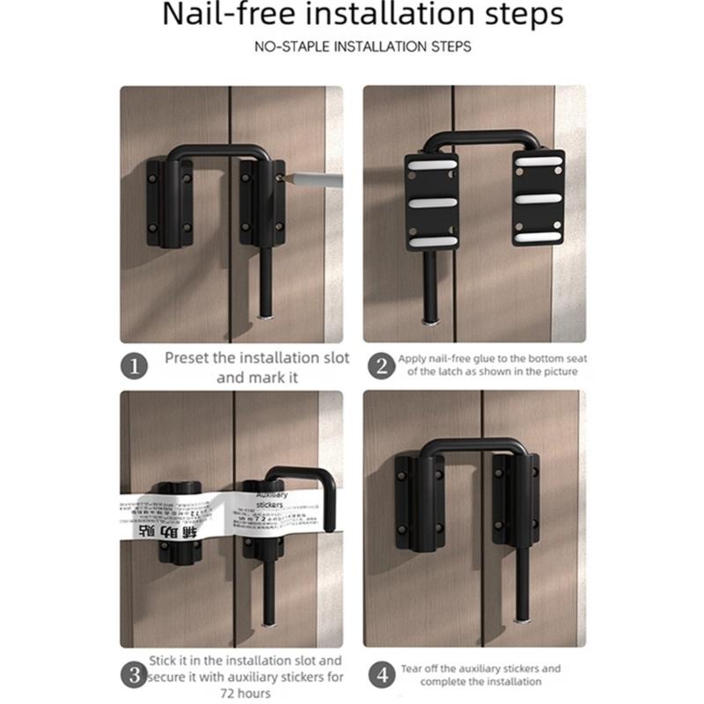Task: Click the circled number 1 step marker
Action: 134,366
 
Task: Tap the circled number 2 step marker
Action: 382,366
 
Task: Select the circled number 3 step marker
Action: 134,676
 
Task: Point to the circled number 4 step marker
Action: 382,676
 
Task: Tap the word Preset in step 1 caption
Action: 188,359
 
